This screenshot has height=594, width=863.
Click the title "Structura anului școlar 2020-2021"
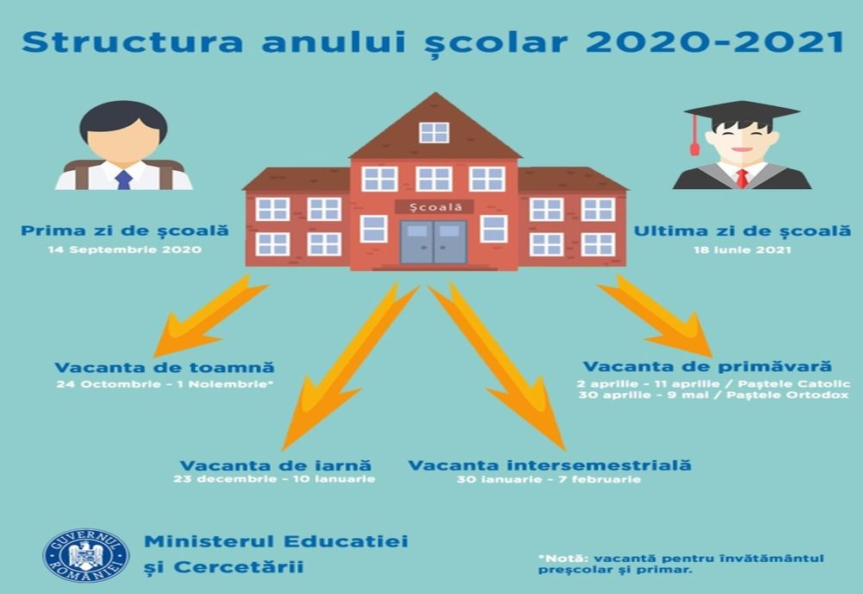click(x=431, y=41)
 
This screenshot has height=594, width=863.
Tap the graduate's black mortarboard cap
click(x=740, y=112)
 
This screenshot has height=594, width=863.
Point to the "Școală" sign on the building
click(x=433, y=207)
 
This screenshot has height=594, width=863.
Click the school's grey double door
click(x=433, y=243)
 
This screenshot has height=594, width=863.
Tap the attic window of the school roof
click(x=434, y=132)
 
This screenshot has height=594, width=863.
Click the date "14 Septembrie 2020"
click(x=126, y=250)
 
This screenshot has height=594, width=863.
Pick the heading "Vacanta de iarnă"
click(x=274, y=465)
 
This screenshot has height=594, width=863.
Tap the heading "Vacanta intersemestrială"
click(x=550, y=465)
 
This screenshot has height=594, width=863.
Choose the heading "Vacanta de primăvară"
click(x=706, y=367)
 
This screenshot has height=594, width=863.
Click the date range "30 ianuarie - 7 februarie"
click(x=549, y=479)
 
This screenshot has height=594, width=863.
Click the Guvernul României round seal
click(x=85, y=554)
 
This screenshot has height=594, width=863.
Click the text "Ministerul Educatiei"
click(x=276, y=541)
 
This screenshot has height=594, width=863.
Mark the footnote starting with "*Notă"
click(x=681, y=563)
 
